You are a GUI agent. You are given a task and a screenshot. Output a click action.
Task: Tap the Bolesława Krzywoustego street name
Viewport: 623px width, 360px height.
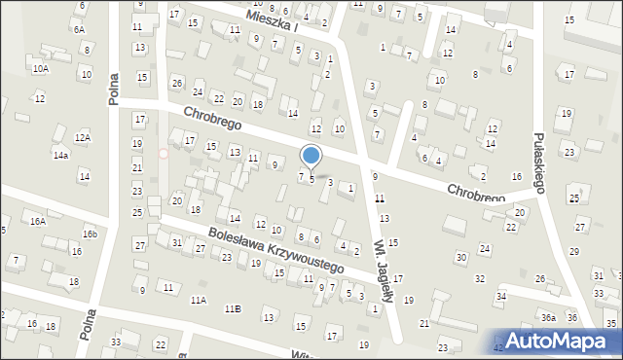(x=275, y=250)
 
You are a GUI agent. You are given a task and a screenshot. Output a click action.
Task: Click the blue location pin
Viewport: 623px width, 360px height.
(x=311, y=156)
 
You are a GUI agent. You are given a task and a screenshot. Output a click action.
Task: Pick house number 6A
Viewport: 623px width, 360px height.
(x=79, y=30)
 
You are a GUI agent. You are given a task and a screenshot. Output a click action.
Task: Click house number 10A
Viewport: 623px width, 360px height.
(x=40, y=69)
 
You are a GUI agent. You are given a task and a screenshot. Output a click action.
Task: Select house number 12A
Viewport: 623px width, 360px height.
(x=83, y=138)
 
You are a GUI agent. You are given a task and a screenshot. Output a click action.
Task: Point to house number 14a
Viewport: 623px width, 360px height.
(x=60, y=156)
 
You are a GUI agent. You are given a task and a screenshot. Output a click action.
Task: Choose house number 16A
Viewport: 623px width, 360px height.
(x=37, y=222)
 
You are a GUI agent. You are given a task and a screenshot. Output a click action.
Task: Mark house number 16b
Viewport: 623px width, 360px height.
(x=90, y=234)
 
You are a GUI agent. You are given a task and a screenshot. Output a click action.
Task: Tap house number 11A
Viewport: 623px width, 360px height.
(x=199, y=300)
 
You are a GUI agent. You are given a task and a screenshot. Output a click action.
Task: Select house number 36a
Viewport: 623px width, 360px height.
(x=549, y=318)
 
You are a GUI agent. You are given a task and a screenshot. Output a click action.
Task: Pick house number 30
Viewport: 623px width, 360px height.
(x=460, y=257)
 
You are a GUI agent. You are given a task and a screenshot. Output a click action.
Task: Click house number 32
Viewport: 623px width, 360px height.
(x=479, y=279)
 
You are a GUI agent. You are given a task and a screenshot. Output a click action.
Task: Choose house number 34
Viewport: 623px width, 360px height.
(x=501, y=296)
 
